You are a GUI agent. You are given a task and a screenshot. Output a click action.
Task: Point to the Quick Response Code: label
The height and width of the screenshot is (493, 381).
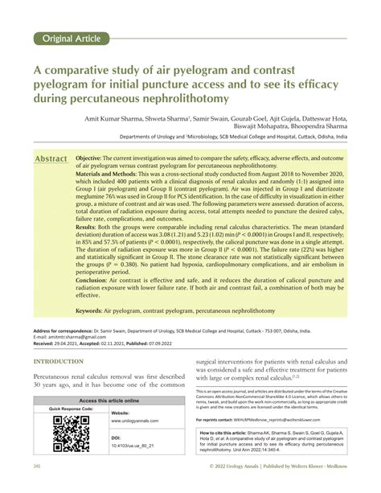(x=72, y=409)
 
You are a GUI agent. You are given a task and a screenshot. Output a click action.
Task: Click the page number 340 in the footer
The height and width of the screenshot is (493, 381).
(x=38, y=487)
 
